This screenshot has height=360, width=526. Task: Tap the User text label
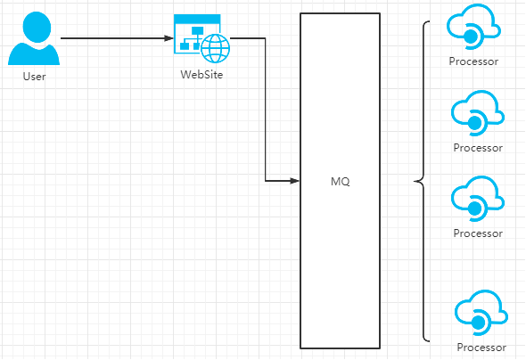pos(34,77)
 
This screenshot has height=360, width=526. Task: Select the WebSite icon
pos(202,38)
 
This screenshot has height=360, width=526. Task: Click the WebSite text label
pos(201,75)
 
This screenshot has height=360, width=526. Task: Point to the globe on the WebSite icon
pos(216,49)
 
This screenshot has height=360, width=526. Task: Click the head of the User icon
pos(37,27)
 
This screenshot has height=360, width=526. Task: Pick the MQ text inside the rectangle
pos(341,182)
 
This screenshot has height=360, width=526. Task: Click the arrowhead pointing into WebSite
pos(168,38)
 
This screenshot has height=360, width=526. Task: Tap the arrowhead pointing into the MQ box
pos(294,181)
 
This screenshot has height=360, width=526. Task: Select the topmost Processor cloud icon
pos(473,27)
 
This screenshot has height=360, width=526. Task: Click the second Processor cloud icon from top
pos(478,113)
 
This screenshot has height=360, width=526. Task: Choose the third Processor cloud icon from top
pos(478,199)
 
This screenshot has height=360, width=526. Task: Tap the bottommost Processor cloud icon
pos(481,313)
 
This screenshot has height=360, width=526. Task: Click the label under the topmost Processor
pos(473,61)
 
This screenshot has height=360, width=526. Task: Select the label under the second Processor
pos(478,148)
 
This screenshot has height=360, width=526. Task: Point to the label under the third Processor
pos(478,233)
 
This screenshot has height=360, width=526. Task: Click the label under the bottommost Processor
pos(481,348)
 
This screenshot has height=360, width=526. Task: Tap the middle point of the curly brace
pos(415,182)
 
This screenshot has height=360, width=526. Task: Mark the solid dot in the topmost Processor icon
pos(471,37)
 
